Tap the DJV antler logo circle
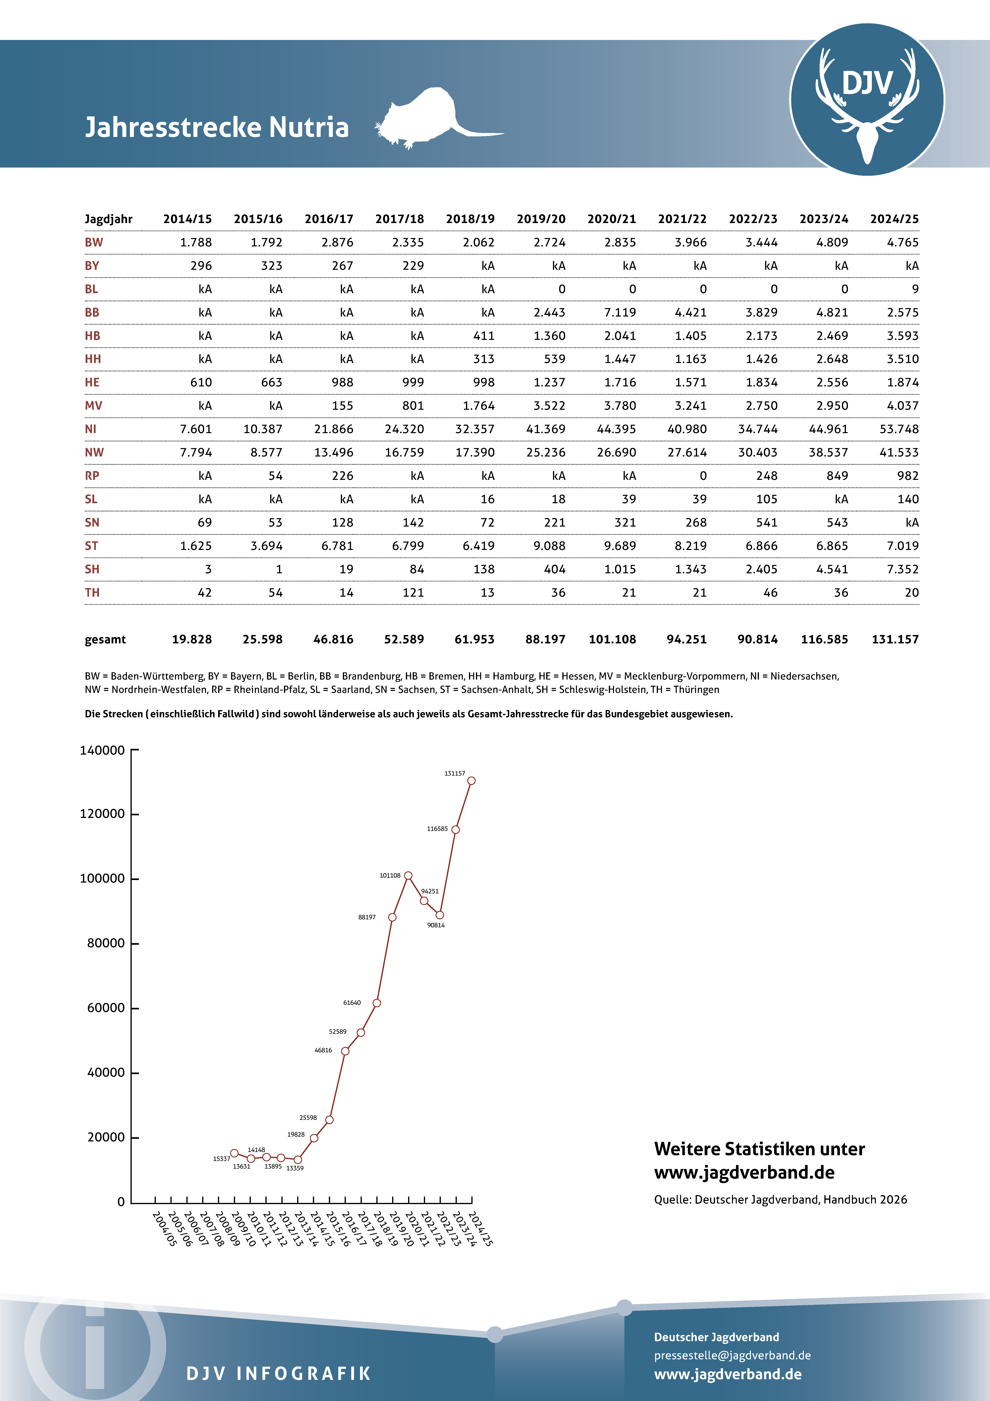pyautogui.click(x=867, y=99)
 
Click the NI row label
pyautogui.click(x=91, y=429)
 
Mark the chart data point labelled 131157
pyautogui.click(x=471, y=780)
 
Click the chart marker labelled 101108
pyautogui.click(x=408, y=876)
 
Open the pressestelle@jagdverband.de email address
pyautogui.click(x=732, y=1355)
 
